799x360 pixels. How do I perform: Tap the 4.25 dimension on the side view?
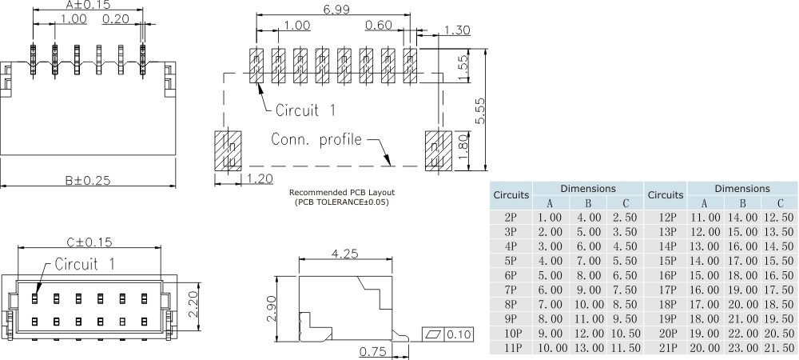(x=344, y=254)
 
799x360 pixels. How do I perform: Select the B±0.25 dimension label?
(x=88, y=180)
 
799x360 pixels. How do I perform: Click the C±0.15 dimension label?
(x=88, y=242)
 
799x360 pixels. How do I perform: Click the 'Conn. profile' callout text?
(x=316, y=139)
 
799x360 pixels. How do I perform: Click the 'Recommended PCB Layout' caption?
(x=342, y=193)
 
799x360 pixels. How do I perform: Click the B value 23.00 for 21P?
(x=742, y=347)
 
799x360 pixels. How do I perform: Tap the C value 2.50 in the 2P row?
(x=624, y=218)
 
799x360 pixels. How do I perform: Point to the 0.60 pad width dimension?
(x=378, y=25)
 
